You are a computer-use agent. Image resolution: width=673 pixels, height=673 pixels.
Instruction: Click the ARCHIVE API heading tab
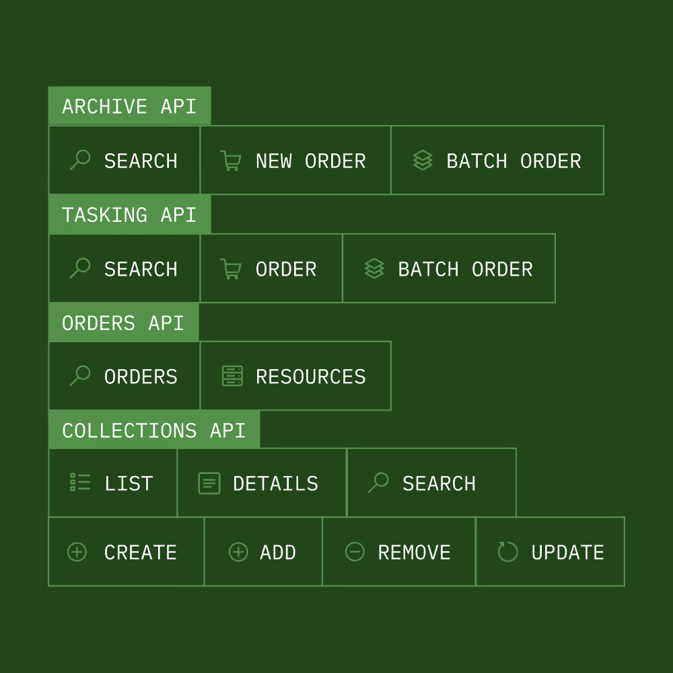click(129, 106)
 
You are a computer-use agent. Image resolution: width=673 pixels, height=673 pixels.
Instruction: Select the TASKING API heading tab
click(129, 214)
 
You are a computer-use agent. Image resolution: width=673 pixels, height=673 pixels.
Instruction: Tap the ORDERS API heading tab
click(123, 323)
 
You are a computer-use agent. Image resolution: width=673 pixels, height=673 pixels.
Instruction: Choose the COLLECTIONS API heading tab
click(153, 430)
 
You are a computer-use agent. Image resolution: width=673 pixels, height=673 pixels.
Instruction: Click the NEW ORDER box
click(295, 161)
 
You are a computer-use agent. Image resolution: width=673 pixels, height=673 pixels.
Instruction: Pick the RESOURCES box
click(295, 377)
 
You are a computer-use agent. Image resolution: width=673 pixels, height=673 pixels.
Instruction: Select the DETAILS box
click(262, 483)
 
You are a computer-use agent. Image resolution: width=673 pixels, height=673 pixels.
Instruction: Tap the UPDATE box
click(550, 552)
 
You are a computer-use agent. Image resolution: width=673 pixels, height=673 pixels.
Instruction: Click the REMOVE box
click(399, 552)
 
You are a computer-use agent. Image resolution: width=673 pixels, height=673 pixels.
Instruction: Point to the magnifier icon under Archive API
click(80, 160)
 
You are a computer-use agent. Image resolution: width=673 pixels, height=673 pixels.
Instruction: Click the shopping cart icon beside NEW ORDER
click(231, 161)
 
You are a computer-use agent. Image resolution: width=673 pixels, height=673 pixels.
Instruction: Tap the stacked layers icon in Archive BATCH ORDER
click(423, 161)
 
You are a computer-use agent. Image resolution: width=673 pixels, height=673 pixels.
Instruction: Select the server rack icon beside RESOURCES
click(232, 376)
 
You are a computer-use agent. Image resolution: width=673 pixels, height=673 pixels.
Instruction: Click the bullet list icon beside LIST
click(80, 483)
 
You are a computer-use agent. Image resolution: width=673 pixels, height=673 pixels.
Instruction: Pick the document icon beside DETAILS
click(209, 483)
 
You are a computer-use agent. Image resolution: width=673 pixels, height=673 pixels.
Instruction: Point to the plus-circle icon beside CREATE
click(77, 552)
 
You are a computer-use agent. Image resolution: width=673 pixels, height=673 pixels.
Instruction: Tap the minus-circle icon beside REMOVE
click(355, 552)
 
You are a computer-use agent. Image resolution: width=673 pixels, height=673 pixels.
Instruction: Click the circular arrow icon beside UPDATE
click(507, 552)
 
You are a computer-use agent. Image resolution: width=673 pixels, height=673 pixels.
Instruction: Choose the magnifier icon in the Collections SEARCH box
click(379, 482)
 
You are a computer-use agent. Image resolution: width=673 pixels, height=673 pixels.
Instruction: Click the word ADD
click(278, 553)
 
